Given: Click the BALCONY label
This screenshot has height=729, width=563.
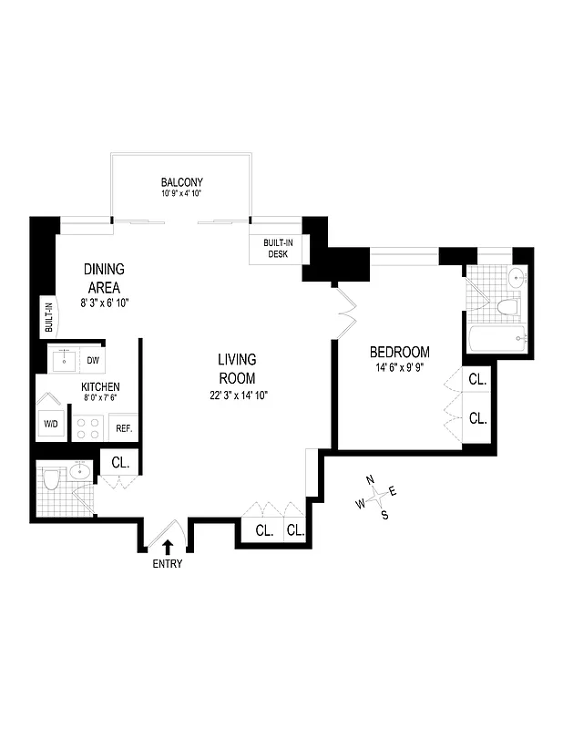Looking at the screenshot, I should (180, 181).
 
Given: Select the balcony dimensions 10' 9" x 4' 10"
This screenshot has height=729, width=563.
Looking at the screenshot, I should (180, 193).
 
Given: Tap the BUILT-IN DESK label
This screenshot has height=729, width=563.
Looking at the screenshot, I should (278, 248).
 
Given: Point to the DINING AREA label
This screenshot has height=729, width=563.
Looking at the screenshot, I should (104, 278).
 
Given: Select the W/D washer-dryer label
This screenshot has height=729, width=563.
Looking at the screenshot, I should (50, 425).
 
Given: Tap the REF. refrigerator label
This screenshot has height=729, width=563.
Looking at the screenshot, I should (123, 426).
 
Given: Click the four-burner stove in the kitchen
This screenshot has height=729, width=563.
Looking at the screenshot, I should (88, 425).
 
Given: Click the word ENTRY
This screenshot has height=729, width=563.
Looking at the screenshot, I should (168, 564).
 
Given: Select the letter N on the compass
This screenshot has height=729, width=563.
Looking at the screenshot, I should (370, 480).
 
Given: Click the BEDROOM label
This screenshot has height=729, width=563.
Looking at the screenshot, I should (399, 353).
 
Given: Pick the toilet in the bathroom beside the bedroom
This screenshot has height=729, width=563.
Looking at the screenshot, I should (507, 306).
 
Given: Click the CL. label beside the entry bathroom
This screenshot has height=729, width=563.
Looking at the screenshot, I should (119, 463).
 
